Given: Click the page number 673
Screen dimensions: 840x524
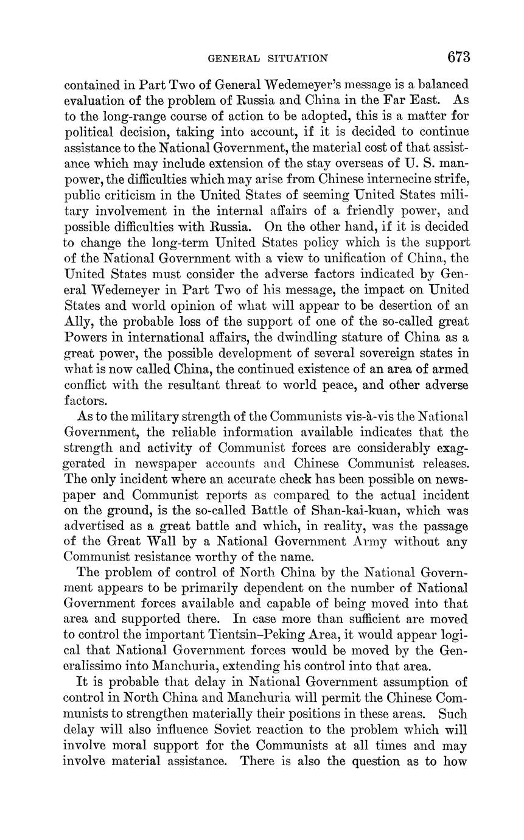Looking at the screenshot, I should coord(459,57).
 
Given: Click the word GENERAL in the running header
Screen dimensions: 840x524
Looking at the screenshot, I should coord(234,58).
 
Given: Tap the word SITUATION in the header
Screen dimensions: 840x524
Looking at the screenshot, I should coord(296,58).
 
